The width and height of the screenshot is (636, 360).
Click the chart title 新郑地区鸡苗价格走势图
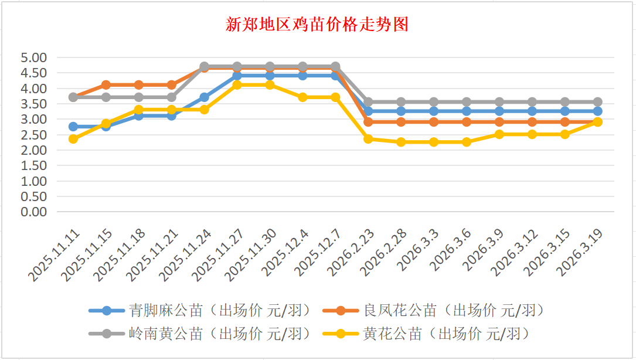(x=317, y=25)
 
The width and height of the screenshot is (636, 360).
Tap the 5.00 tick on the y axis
(x=33, y=58)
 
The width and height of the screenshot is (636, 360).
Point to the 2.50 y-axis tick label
(x=33, y=135)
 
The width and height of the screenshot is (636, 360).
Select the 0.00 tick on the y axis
(x=33, y=212)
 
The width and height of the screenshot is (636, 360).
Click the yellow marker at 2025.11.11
(x=73, y=139)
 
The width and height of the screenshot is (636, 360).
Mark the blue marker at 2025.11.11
(x=73, y=127)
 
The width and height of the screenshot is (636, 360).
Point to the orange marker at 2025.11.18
(x=139, y=85)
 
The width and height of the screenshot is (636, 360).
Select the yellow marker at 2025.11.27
(x=237, y=85)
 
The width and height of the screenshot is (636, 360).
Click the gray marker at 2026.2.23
(x=369, y=102)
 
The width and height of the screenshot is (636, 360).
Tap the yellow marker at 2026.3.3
(x=434, y=142)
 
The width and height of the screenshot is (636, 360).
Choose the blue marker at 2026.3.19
(x=598, y=111)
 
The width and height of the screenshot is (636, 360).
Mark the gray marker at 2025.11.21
(x=172, y=97)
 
